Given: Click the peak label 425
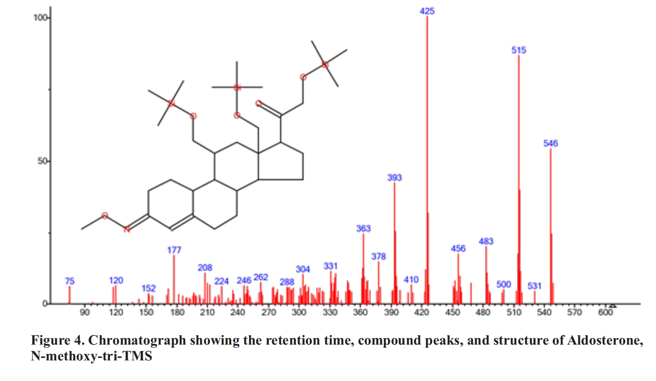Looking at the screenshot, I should click(427, 11).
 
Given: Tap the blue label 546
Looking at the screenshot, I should click(551, 143).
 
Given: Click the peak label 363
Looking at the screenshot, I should click(364, 228).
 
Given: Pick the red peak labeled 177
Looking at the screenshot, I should click(174, 278).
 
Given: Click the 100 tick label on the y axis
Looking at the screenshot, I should click(41, 18).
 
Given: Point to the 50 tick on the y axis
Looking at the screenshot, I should click(43, 161).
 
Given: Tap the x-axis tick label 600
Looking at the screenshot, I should click(605, 313).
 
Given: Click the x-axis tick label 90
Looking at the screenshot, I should click(85, 313).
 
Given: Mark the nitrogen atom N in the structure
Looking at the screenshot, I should click(127, 229).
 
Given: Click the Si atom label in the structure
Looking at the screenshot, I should click(237, 88).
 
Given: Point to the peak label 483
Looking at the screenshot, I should click(486, 241).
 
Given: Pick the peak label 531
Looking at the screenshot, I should click(534, 286).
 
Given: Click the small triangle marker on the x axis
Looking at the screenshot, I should click(612, 305).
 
